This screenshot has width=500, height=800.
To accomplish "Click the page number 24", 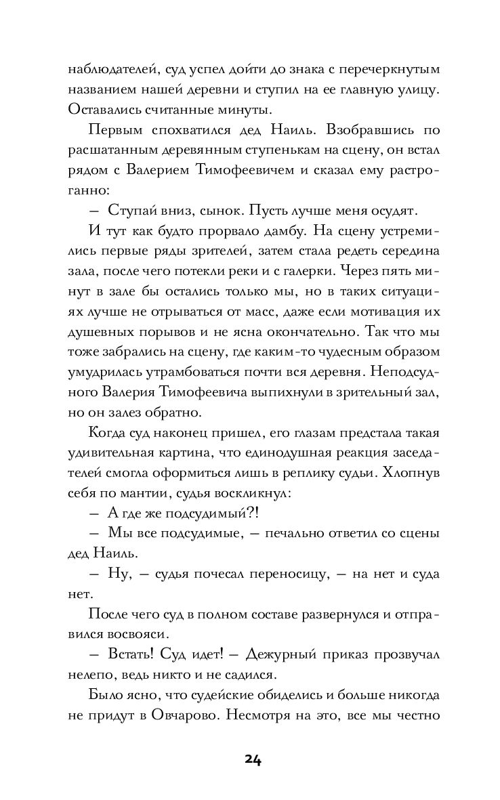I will (x=250, y=759).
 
